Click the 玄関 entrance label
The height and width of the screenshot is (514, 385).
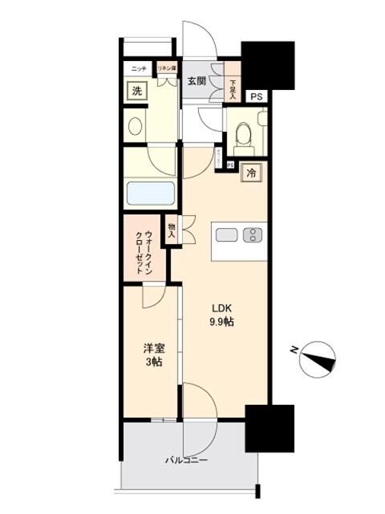pos(197,80)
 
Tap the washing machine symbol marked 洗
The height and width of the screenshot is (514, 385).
pos(136,91)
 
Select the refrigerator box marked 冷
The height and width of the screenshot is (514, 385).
pos(251,173)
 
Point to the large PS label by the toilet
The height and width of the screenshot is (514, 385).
pos(256,97)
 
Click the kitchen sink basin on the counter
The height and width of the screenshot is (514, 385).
pos(227,235)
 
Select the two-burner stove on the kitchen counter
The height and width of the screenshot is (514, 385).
pos(252,235)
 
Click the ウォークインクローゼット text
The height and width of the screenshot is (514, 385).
pos(144,249)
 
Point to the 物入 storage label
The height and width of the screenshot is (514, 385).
pos(172,230)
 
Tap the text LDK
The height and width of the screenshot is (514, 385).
pos(222,308)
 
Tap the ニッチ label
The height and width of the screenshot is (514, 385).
pos(138,68)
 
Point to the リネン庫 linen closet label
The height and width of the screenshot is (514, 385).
pos(166,68)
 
